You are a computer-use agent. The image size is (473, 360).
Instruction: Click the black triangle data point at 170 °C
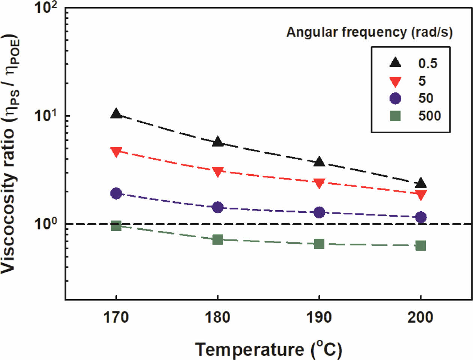tap(116, 114)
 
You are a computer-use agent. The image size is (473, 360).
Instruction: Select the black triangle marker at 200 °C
tap(421, 183)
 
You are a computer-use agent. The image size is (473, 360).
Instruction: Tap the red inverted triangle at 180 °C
tap(218, 172)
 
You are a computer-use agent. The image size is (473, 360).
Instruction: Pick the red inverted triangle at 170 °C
tap(116, 152)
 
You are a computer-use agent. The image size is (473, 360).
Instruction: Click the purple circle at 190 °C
tap(319, 212)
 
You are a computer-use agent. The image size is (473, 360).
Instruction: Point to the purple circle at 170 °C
tap(116, 193)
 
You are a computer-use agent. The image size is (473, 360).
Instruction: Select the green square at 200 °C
tap(421, 246)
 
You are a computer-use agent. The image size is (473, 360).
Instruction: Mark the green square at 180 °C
tap(218, 239)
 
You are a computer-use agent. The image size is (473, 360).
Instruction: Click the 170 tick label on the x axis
tap(116, 318)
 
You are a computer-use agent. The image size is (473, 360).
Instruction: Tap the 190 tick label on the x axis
tap(319, 318)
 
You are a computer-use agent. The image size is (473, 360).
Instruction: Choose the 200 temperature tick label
tap(420, 318)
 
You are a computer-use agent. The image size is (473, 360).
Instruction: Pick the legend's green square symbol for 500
tap(395, 116)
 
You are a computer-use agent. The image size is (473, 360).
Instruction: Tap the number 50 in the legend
tap(426, 98)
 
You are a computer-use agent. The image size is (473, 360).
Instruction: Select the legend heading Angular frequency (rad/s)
tap(369, 32)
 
